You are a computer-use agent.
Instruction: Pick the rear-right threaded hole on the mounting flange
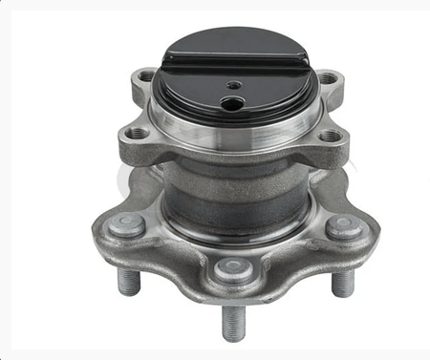(328, 77)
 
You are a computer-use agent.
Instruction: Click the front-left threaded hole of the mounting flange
(138, 134)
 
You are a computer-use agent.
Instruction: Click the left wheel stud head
(126, 225)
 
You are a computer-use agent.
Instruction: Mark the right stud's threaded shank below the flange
(342, 282)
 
